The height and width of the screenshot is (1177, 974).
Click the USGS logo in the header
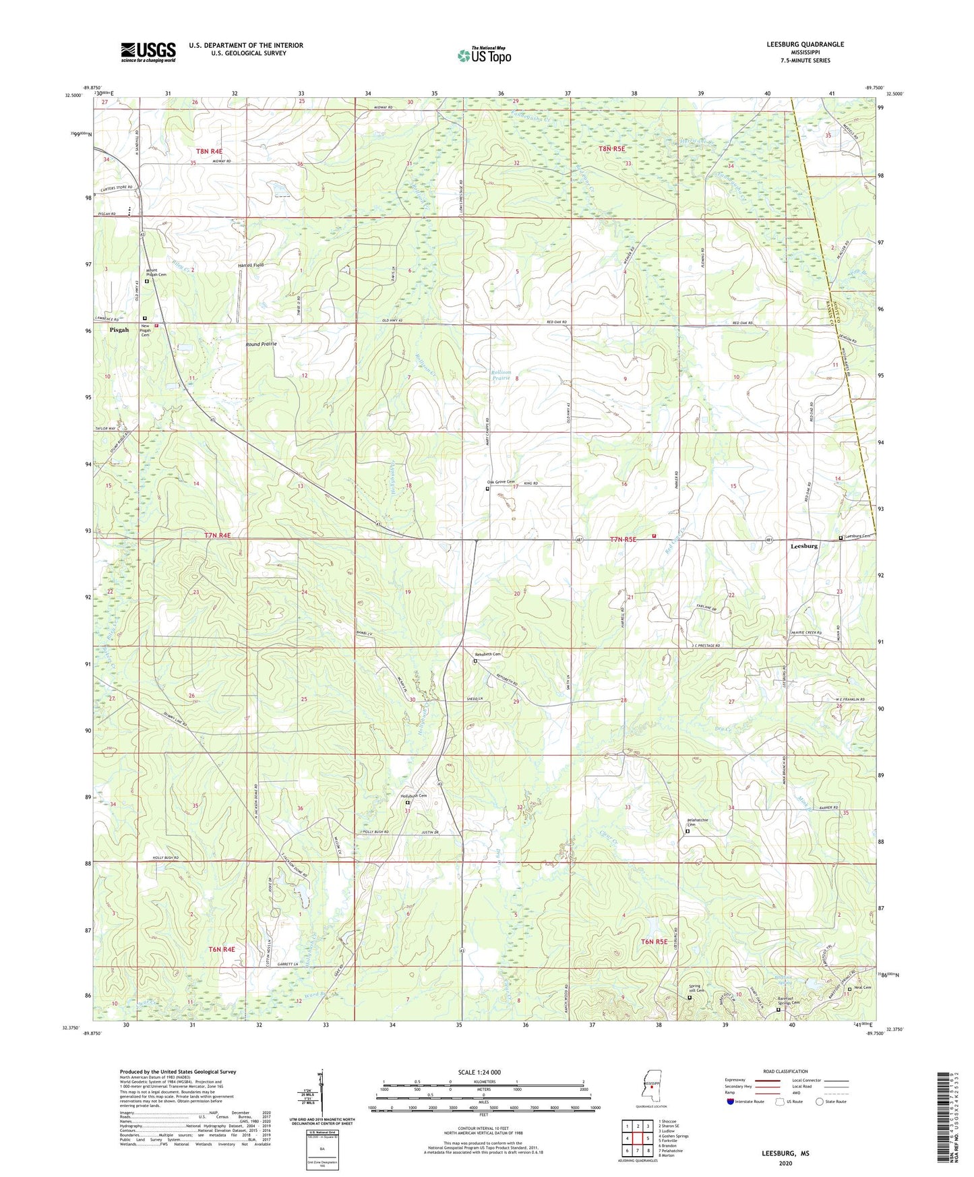(x=148, y=52)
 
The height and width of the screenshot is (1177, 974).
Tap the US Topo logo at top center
(x=485, y=55)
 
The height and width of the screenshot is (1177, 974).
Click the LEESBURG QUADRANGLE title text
(x=805, y=44)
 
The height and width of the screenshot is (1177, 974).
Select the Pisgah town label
(x=119, y=330)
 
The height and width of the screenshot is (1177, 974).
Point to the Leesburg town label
(x=804, y=546)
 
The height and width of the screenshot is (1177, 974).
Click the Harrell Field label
(x=251, y=266)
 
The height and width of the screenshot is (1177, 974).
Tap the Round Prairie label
(x=261, y=344)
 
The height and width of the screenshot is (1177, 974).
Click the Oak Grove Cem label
(x=501, y=481)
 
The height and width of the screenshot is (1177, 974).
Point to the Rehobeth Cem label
(x=488, y=654)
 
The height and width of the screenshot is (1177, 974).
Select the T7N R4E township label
(x=217, y=536)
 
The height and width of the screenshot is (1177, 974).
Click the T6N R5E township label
(x=654, y=942)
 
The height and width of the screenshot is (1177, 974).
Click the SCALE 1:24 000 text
(x=479, y=1073)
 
